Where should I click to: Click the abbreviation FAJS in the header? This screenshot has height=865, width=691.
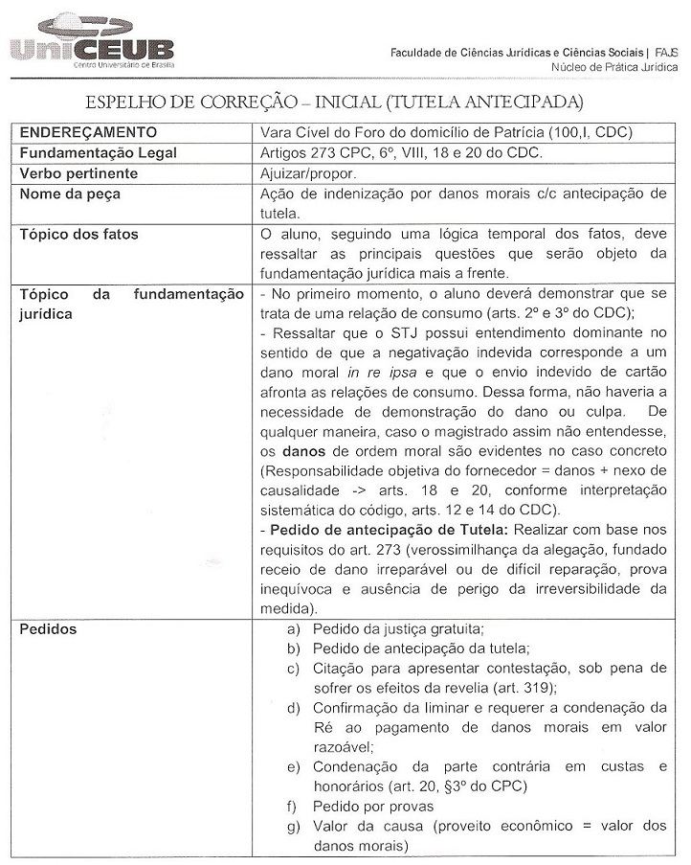point(666,52)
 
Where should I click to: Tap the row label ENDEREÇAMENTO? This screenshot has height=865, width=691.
point(89,132)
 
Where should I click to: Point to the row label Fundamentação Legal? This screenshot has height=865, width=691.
point(99,153)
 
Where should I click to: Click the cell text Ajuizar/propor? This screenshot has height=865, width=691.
point(308,173)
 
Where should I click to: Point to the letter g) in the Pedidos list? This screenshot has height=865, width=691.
point(294,826)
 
